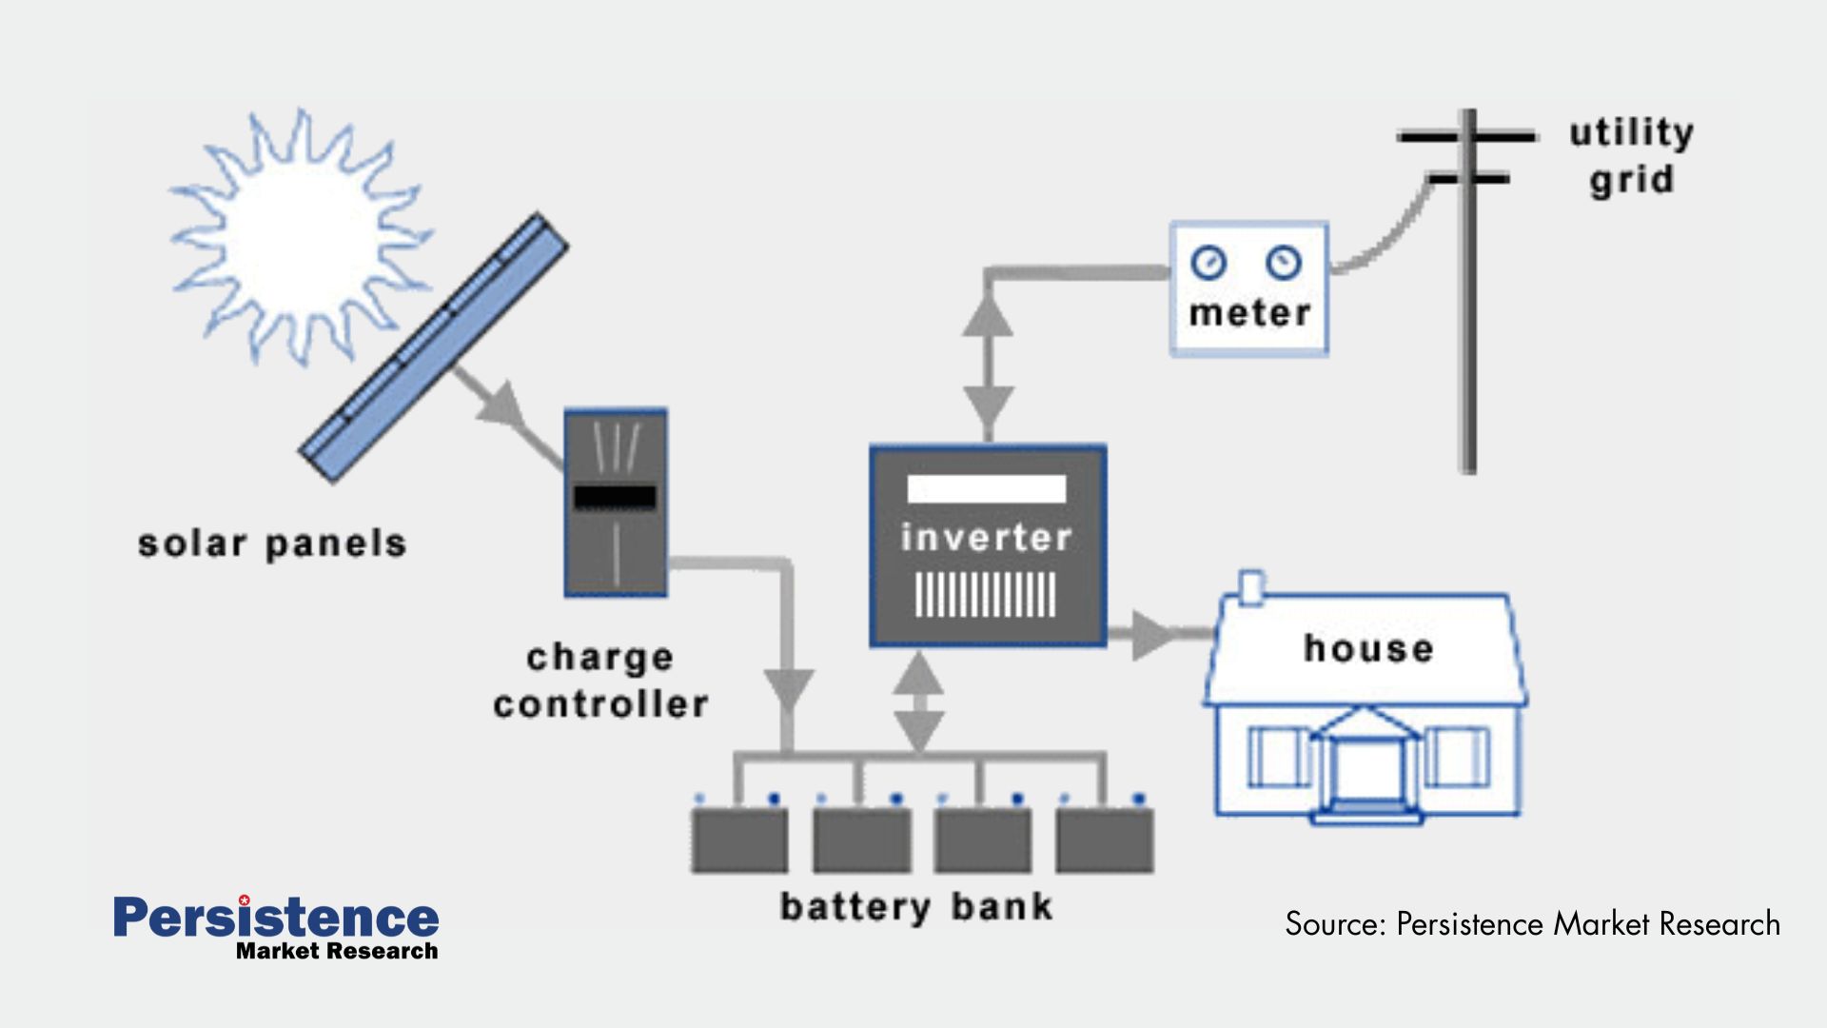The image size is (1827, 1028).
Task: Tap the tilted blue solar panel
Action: coord(434,348)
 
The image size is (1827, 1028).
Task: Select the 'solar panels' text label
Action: coord(272,544)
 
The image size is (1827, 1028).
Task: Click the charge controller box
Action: coord(616,503)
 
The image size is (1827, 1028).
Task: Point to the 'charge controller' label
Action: coord(600,681)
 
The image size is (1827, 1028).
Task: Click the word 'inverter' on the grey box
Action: coord(987,538)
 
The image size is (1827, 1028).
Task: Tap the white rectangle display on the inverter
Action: coord(987,489)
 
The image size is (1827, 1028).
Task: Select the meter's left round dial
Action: coord(1208,262)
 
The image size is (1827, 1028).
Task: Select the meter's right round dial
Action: coord(1284,262)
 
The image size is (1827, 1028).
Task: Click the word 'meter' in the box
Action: coord(1249,313)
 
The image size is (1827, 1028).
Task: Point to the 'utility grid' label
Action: coord(1631,155)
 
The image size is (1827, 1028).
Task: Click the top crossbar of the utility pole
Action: coord(1466,137)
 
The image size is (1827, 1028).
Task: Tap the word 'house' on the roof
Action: coord(1368,649)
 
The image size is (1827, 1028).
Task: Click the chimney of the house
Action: coord(1252,587)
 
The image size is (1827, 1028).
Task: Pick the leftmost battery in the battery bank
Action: coord(739,840)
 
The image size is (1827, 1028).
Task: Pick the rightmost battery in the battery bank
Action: coord(1105,840)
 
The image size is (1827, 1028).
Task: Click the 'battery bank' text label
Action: coord(916,907)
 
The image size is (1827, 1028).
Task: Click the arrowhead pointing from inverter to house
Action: coord(1151,635)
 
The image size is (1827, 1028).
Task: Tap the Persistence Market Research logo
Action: coord(276,926)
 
